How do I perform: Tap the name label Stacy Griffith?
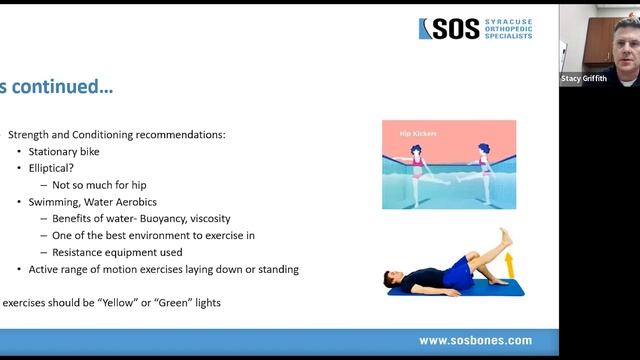click(x=585, y=77)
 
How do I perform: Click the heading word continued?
click(x=65, y=87)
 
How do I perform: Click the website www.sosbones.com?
click(x=475, y=341)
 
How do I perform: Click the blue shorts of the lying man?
click(x=459, y=270)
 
